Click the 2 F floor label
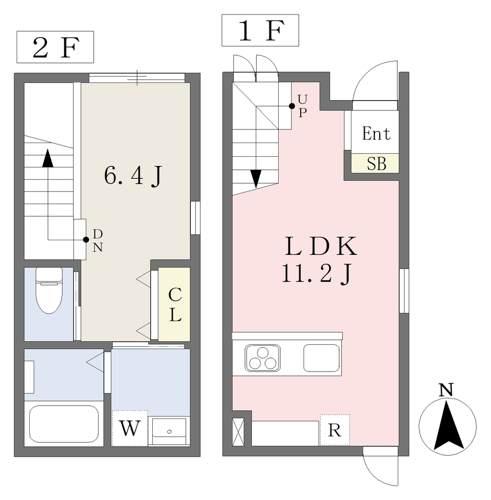(x=55, y=47)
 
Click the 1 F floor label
(x=261, y=31)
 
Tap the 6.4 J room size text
(x=133, y=176)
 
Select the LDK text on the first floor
(x=321, y=246)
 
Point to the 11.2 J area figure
(x=317, y=274)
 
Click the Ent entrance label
(x=376, y=133)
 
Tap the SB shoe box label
(x=376, y=164)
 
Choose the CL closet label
(x=175, y=305)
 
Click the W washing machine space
(x=130, y=428)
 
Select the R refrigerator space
(x=335, y=430)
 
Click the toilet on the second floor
(x=49, y=291)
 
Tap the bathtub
(x=64, y=424)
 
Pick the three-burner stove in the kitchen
(x=263, y=358)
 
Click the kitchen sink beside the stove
(x=321, y=358)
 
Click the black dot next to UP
(x=292, y=106)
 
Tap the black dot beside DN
(x=86, y=239)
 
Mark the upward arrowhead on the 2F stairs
(x=48, y=158)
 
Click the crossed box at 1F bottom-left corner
(x=238, y=432)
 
